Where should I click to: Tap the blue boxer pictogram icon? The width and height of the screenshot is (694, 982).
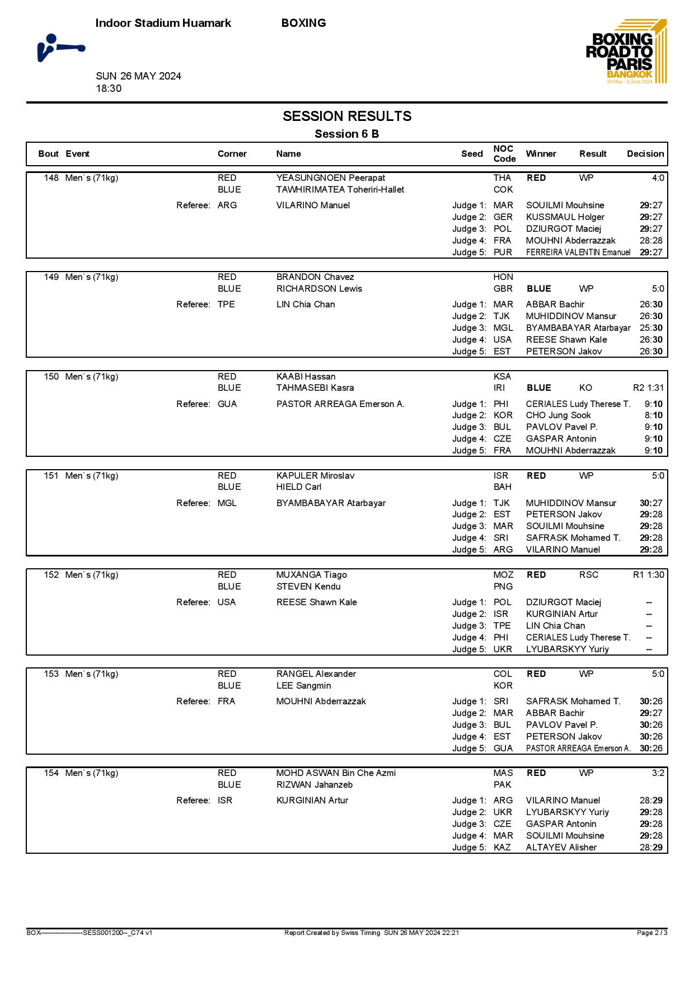pos(60,48)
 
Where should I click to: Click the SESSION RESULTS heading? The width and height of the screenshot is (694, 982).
pos(346,116)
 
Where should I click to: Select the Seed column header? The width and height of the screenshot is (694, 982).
pos(471,154)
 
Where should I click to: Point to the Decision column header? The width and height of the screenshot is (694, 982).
pos(645,154)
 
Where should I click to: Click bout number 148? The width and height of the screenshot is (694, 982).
pos(51,178)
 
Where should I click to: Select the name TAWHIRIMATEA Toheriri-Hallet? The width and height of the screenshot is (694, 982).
pos(340,190)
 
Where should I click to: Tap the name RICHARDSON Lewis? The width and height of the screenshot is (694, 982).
pos(319,289)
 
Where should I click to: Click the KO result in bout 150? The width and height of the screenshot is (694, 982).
pos(585,388)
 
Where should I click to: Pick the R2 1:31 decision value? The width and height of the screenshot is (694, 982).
pos(648,388)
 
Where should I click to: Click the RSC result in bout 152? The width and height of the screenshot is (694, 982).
pos(588,575)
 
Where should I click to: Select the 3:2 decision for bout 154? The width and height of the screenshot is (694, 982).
pos(657,773)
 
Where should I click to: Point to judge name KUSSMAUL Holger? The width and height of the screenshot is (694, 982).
pos(565,217)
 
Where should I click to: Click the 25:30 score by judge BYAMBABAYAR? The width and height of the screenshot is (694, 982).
pos(651,328)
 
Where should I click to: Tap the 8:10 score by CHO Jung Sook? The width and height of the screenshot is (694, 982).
pos(653,415)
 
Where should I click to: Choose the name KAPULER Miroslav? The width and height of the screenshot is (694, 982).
pos(315,476)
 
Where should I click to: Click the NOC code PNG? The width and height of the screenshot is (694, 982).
pos(503,587)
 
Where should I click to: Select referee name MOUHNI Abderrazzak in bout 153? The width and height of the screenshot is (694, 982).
pos(321,702)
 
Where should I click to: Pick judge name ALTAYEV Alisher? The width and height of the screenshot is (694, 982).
pos(561,848)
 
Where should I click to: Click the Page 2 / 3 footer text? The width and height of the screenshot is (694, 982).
pos(651,933)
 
